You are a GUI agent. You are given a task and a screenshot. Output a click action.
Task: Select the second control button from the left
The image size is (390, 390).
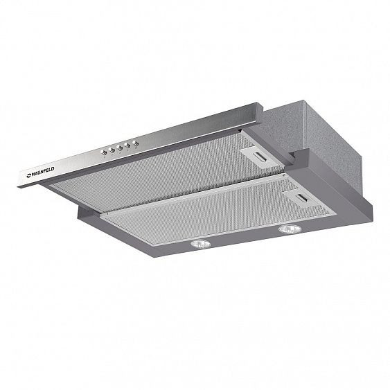coord(112,150)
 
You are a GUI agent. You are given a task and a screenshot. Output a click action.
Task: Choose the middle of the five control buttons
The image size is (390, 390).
coord(120,147)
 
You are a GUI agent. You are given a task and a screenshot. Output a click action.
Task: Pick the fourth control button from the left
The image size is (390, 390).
coord(127,145)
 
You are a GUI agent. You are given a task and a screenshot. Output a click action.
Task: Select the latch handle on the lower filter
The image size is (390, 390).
coord(303,198)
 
